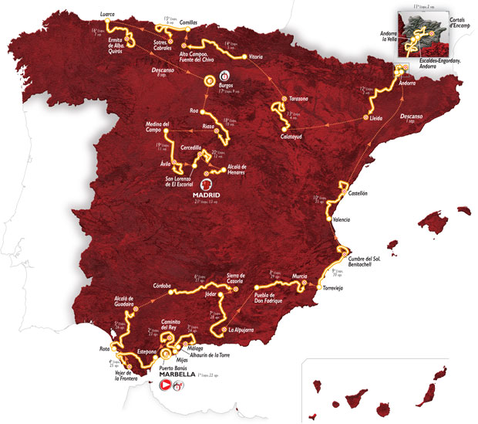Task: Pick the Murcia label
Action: pos(301,276)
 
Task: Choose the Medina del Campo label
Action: pos(159,127)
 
